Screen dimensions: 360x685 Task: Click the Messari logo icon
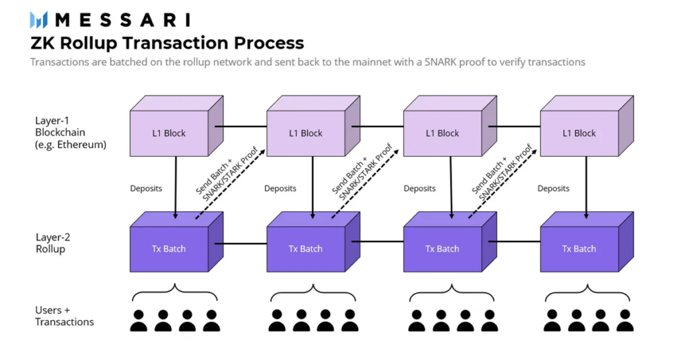[x=39, y=19]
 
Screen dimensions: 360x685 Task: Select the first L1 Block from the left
[x=169, y=132]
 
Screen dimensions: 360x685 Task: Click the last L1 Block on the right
[x=579, y=132]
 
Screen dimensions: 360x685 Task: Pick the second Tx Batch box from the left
[x=306, y=248]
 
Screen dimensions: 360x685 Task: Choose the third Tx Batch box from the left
[x=442, y=248]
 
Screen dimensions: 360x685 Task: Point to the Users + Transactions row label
[x=64, y=316]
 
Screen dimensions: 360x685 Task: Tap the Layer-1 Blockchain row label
[x=70, y=132]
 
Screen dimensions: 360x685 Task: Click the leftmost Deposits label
[x=146, y=189]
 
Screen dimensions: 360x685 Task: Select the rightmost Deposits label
[x=553, y=189]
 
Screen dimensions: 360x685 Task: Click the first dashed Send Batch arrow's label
[x=223, y=173]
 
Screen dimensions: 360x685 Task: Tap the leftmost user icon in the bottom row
[x=138, y=320]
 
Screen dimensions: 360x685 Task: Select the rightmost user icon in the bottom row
[x=625, y=320]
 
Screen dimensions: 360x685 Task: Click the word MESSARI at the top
[x=122, y=19]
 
